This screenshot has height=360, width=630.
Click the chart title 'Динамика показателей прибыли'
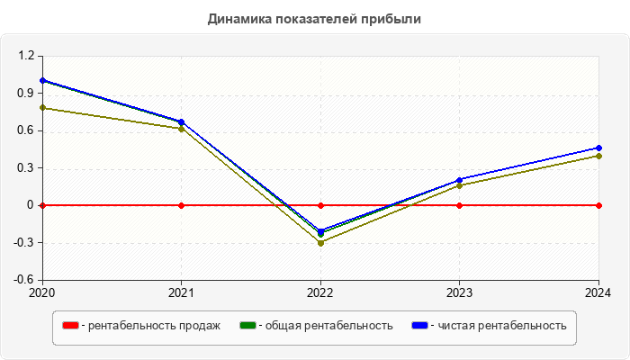coord(314,18)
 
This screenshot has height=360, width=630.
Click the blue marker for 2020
coord(42,80)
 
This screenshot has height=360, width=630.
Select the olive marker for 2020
coord(42,108)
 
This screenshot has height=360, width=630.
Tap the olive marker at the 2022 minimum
coord(320,243)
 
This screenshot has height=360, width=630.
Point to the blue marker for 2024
coord(598,148)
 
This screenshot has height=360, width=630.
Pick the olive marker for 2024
coord(598,156)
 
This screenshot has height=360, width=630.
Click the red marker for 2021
coord(182,205)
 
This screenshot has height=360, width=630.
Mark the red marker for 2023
coord(460,205)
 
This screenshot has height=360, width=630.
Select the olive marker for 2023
coord(460,185)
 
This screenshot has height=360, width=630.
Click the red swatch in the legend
coord(70,326)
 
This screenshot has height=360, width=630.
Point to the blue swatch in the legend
coord(419,326)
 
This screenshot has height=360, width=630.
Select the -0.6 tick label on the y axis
coord(23,280)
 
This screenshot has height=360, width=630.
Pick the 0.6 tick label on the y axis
coord(25,130)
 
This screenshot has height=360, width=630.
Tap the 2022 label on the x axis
coord(320,292)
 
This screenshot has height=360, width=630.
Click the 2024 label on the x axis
coord(598,292)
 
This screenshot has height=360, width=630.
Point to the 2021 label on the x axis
coord(182,292)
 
